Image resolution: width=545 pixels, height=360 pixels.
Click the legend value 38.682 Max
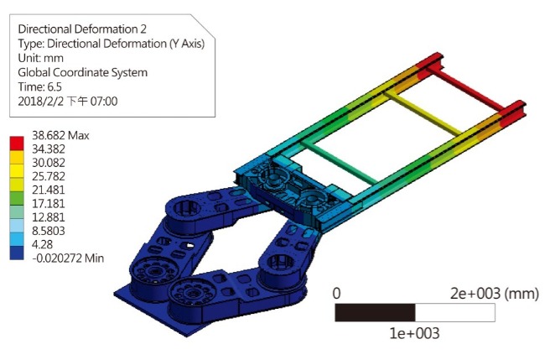coord(60,135)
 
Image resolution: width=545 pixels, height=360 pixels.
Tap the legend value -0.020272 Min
coord(68,258)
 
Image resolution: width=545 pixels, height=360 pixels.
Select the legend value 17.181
coord(49,203)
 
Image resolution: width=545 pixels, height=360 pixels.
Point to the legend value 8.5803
coord(49,231)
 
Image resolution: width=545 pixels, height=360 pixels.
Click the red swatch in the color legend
coord(17,143)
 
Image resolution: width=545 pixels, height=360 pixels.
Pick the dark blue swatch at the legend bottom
coord(17,253)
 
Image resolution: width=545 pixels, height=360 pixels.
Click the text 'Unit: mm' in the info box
coord(41,58)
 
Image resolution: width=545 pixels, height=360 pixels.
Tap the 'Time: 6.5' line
coord(39,86)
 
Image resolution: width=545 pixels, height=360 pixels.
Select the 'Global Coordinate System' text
coord(83,72)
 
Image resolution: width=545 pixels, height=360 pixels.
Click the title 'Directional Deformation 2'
coord(82,29)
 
